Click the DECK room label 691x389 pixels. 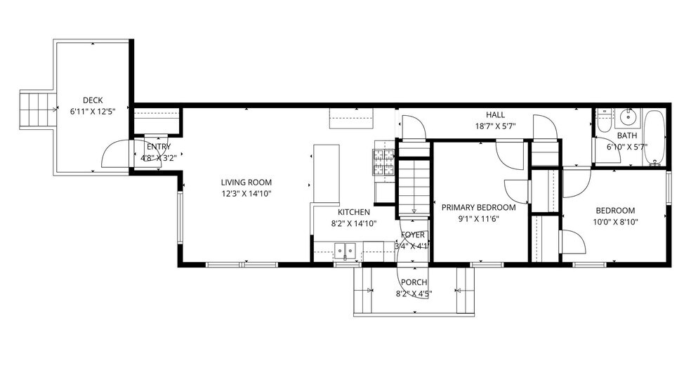(x=93, y=100)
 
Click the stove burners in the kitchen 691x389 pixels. (x=383, y=163)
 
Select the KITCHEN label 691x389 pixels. (x=354, y=212)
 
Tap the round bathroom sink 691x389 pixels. (x=628, y=117)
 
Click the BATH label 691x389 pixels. (x=626, y=136)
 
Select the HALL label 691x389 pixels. (x=495, y=115)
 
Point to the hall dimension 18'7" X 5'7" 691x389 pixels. (x=495, y=126)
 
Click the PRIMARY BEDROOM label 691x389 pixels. (x=478, y=208)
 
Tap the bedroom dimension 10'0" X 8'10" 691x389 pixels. (x=615, y=222)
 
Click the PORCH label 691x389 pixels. (x=414, y=282)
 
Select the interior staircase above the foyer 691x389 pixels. (x=414, y=186)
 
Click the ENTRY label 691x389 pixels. (x=159, y=147)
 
